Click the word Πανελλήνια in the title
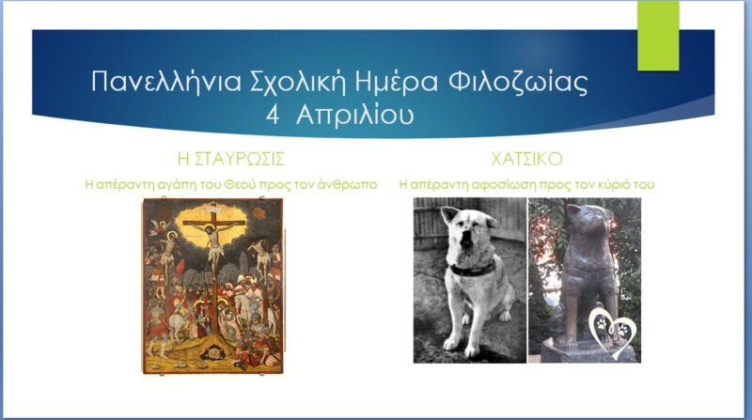tap(166, 82)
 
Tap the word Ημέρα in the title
tap(396, 83)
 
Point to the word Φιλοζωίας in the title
tap(519, 83)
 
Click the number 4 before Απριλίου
tap(273, 116)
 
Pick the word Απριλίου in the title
tap(355, 116)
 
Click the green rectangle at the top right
tap(658, 36)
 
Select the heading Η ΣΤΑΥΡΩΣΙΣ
tap(230, 159)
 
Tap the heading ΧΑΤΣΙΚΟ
tap(526, 159)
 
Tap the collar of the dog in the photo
tap(472, 269)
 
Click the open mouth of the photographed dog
tap(465, 241)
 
